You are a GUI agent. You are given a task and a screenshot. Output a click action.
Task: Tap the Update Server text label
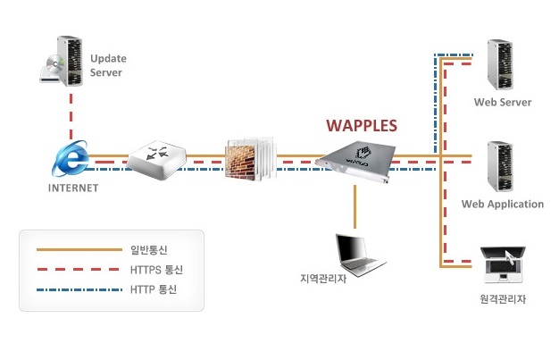(108, 65)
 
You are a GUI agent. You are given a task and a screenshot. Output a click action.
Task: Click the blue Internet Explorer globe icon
(71, 161)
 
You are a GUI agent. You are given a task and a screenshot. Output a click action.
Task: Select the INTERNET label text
(73, 188)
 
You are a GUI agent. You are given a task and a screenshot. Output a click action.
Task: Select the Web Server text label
(503, 103)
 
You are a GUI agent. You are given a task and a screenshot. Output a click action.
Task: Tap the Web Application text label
(502, 205)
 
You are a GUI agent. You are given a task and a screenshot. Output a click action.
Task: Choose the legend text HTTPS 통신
(156, 269)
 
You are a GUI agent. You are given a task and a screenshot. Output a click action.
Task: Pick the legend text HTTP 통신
(154, 289)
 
